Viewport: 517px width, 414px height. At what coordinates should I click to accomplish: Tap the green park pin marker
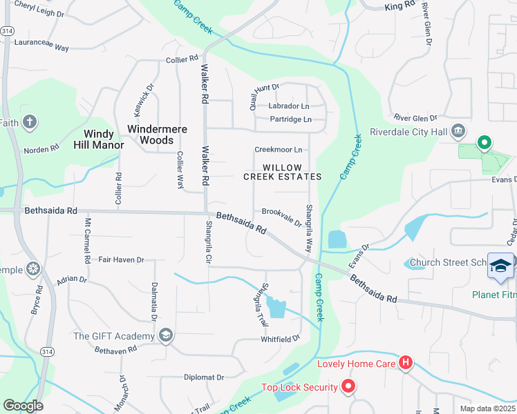[485, 144]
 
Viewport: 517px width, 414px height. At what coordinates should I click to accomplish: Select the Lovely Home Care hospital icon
[406, 363]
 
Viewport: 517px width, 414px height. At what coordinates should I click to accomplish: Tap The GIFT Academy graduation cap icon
[165, 336]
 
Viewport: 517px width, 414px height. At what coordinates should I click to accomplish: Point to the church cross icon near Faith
[29, 123]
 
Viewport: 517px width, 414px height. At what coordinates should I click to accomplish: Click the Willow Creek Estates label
[282, 172]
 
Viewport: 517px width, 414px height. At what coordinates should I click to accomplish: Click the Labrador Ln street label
[289, 106]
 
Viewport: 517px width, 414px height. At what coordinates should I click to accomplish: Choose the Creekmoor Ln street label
[279, 150]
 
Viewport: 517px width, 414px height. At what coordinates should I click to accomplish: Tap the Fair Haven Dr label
[121, 260]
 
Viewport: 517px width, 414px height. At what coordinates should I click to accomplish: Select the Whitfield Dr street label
[280, 339]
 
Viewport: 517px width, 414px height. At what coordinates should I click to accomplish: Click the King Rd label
[399, 6]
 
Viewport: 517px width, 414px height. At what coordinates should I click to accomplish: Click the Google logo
[23, 406]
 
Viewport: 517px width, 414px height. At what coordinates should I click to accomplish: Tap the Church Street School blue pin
[501, 266]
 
